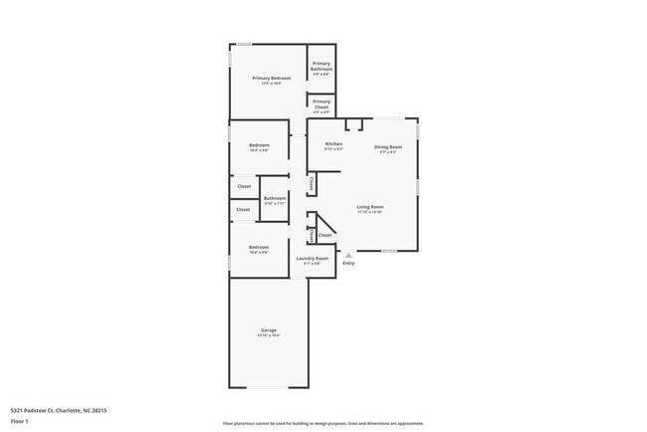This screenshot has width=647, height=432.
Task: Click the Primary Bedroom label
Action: point(271,78)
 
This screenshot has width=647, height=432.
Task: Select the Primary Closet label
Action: point(322,101)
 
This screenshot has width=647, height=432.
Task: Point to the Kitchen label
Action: point(332,144)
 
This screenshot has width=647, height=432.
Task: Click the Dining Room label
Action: point(387,147)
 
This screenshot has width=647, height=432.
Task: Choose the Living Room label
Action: point(370,207)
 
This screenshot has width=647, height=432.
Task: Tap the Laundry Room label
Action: point(312,259)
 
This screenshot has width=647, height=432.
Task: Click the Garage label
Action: point(269,329)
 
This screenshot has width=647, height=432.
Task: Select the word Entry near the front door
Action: point(348,264)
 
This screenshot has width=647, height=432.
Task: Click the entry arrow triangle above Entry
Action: point(348,255)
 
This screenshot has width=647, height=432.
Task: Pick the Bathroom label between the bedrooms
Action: point(275,198)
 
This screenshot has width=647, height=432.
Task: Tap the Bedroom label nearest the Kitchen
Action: point(259,146)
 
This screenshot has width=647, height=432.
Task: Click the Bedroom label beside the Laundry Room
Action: point(259,247)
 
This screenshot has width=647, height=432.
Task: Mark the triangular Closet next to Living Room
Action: point(324,235)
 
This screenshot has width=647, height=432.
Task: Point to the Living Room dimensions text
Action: point(370,213)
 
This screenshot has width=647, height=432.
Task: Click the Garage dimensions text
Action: point(269,335)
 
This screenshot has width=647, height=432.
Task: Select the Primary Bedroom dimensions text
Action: point(271,84)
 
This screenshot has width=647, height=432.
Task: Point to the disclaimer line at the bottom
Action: point(323,423)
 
